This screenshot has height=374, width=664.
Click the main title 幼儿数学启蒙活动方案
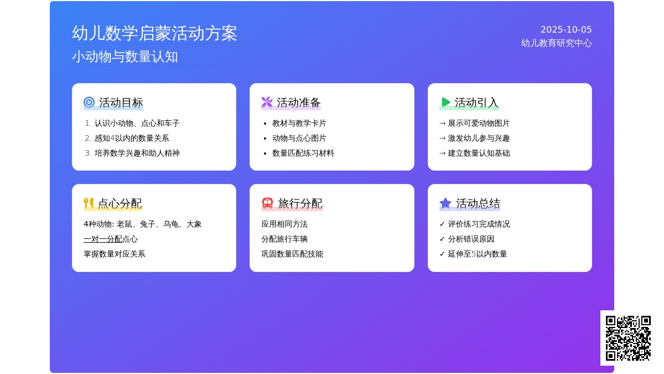point(154,33)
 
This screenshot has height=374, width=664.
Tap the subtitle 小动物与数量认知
point(125,57)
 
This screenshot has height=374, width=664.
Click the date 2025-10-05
point(566,30)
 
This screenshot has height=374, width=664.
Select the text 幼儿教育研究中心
point(557,43)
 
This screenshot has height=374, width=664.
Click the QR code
point(628,338)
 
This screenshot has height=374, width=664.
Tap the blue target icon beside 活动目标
point(89,102)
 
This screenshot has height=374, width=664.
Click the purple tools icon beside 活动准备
point(267,102)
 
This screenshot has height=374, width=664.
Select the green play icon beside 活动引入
point(445,102)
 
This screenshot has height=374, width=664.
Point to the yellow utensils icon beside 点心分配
point(89,203)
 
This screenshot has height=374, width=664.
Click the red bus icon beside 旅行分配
point(267,203)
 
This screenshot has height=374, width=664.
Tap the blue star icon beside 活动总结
point(445,203)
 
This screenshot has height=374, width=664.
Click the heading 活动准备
point(299,103)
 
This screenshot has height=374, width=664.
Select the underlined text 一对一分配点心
point(111,239)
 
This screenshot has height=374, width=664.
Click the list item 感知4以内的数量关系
point(132,138)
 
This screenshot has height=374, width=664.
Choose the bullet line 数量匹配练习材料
point(303,153)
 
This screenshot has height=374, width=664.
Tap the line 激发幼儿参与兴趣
point(479,138)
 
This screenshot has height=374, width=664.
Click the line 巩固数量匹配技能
point(292,254)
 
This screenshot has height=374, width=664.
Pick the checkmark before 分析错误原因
point(442,239)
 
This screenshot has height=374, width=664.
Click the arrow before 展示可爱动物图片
point(443,123)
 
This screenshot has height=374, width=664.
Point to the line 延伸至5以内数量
point(478,254)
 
